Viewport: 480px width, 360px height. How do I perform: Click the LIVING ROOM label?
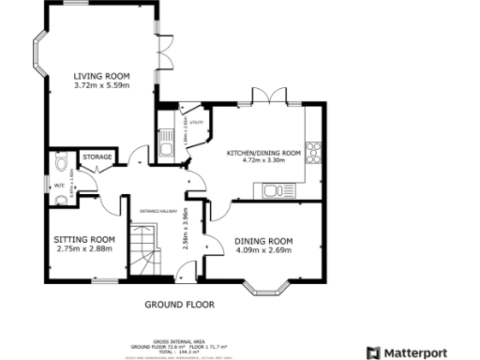[102, 76]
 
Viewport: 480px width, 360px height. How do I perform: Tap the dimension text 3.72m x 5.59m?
[102, 86]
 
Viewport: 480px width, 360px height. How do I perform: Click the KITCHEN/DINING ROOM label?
[263, 152]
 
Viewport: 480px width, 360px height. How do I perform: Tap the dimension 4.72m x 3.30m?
[263, 161]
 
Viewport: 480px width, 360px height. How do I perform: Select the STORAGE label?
[97, 157]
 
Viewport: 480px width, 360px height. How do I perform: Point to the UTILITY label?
[195, 122]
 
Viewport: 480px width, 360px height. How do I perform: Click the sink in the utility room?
[165, 148]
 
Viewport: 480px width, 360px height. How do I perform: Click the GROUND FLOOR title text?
[179, 305]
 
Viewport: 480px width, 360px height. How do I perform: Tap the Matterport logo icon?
[371, 352]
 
